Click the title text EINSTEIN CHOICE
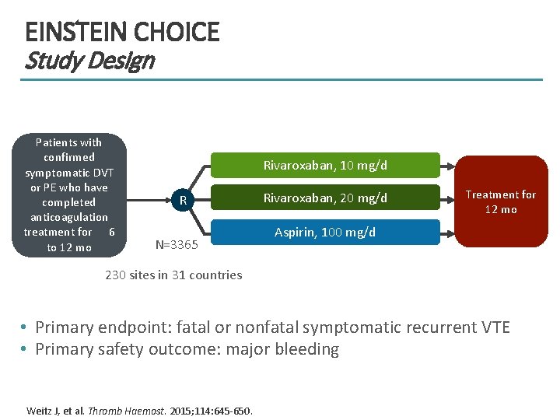122,32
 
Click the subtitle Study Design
89,61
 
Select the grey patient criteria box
69,194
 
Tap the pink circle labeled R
183,201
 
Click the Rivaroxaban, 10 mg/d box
325,165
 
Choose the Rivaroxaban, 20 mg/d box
325,198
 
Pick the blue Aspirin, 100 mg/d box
325,233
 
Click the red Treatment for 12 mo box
501,202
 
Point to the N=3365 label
177,245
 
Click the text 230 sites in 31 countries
173,275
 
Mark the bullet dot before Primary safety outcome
25,349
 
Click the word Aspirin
292,233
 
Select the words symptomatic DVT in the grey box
69,173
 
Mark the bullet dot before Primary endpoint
25,327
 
